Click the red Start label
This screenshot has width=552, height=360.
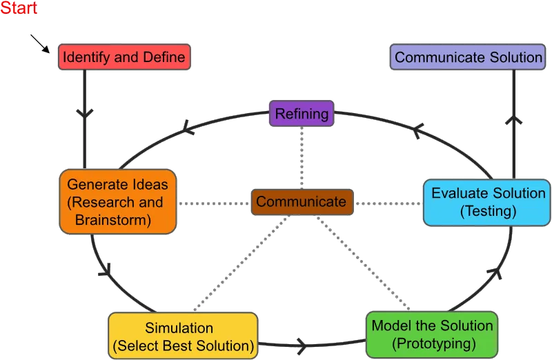(x=19, y=8)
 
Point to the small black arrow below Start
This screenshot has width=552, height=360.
(x=40, y=43)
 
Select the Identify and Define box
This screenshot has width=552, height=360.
(x=124, y=57)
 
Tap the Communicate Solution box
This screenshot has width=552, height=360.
(x=468, y=57)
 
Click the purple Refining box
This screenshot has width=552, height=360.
(x=302, y=113)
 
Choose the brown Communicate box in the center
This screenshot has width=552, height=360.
(x=302, y=202)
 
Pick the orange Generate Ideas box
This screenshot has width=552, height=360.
(x=118, y=201)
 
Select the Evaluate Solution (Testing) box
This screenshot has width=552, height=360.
(x=487, y=202)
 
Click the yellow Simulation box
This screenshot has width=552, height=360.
(x=183, y=336)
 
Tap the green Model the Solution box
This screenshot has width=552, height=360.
(x=432, y=334)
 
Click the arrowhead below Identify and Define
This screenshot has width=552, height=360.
(x=84, y=113)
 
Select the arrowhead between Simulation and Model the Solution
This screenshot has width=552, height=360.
(x=303, y=346)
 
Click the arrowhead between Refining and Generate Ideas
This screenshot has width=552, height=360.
(x=187, y=128)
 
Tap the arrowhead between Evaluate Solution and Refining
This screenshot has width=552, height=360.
(x=417, y=131)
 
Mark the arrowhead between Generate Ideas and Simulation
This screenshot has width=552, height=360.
(x=106, y=270)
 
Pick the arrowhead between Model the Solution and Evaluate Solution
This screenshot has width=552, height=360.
(x=495, y=272)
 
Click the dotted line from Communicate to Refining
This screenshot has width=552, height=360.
(x=302, y=158)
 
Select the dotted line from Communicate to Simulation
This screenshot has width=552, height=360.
(x=241, y=263)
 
